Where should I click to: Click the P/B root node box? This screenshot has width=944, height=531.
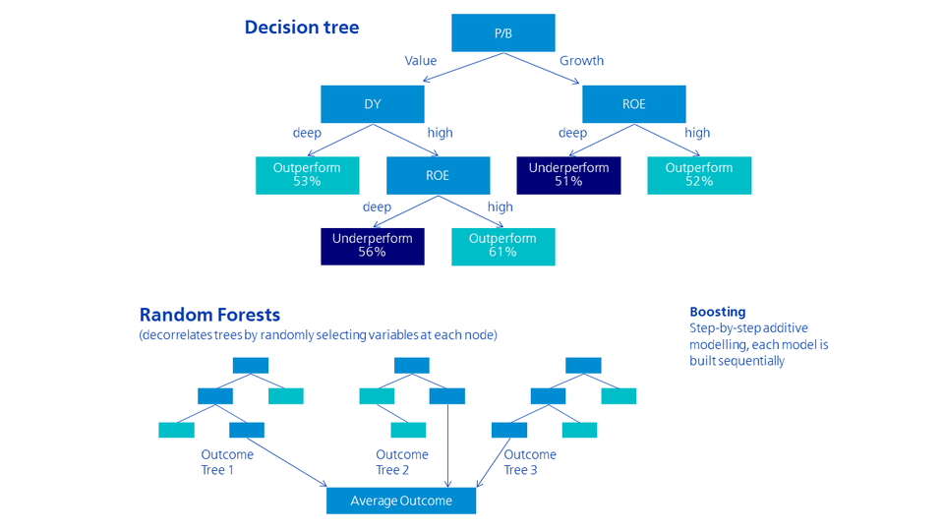502,33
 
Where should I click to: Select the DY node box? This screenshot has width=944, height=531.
372,104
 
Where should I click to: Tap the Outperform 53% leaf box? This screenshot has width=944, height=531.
307,175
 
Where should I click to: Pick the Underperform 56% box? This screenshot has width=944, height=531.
372,246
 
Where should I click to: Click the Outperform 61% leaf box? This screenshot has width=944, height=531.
502,246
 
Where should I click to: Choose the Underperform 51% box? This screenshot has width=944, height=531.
568,175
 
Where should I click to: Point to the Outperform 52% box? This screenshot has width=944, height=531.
699,175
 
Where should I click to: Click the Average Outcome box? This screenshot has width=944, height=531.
401,501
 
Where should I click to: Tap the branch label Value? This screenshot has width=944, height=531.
421,61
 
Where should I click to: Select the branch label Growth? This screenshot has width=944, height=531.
581,61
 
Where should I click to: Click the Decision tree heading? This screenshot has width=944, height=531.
302,28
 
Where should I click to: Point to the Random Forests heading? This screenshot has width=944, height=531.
209,315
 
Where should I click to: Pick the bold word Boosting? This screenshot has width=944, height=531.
717,312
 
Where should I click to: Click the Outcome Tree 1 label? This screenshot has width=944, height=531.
227,462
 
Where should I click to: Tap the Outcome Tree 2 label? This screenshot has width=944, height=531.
402,462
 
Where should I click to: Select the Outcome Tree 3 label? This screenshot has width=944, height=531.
530,462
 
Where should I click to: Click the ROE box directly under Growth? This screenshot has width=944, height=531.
633,104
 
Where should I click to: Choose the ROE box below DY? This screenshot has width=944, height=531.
438,175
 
